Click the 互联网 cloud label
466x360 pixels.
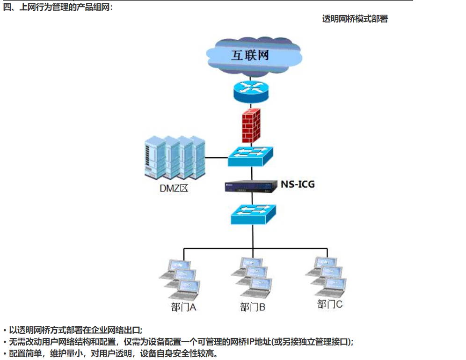(250, 55)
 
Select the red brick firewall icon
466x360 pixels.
(251, 125)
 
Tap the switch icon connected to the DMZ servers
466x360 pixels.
(250, 156)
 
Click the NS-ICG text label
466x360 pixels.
(298, 184)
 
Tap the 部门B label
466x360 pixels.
(253, 307)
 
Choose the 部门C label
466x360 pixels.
(330, 304)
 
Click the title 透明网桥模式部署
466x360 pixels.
(355, 19)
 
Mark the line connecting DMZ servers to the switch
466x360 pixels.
(217, 158)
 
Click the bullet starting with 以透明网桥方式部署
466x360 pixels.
(75, 331)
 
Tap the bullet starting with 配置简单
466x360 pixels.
(112, 353)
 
